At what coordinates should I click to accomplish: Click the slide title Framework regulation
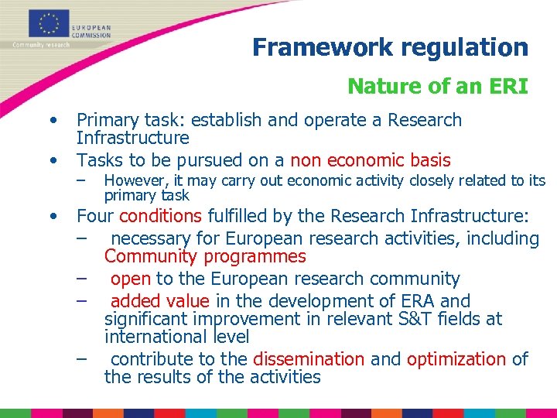tap(390, 47)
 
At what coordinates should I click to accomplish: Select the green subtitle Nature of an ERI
tap(437, 86)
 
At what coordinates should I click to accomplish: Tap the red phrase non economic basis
tap(370, 160)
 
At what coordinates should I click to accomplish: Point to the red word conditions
tap(161, 216)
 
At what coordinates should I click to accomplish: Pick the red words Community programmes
tap(205, 256)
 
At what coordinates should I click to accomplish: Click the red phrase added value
tap(160, 301)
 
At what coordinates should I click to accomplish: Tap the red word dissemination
tap(309, 359)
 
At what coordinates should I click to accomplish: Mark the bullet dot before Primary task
tap(53, 121)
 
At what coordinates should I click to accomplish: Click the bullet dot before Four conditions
tap(53, 217)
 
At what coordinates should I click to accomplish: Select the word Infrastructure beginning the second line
tap(132, 139)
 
